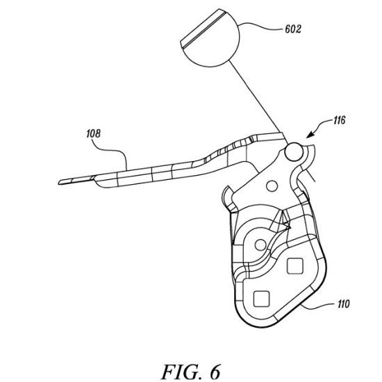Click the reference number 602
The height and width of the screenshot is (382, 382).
click(293, 29)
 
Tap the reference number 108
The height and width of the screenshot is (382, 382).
click(93, 133)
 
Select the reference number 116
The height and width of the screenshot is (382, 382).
click(339, 120)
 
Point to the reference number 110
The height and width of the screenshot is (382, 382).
click(344, 304)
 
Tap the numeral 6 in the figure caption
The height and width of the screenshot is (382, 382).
click(215, 372)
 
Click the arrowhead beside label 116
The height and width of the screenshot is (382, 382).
click(310, 135)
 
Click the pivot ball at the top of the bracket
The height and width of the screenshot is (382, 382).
click(294, 152)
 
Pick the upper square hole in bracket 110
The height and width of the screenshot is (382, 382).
click(295, 266)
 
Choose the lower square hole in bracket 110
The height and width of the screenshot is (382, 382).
click(261, 299)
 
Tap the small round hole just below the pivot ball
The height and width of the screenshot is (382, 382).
click(272, 186)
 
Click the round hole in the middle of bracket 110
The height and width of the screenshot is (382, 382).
click(260, 245)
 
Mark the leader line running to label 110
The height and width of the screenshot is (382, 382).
click(318, 307)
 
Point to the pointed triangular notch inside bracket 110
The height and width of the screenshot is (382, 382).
click(283, 219)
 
